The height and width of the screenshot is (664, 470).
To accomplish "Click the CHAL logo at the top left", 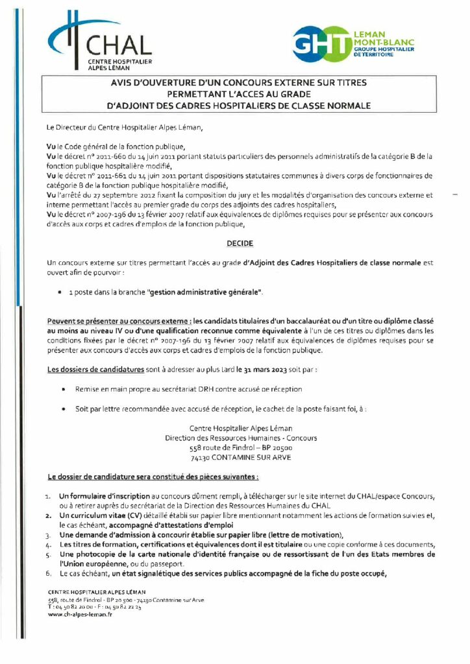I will coord(100,44).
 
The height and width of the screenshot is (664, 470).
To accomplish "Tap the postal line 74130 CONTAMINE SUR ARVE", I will coord(241,457).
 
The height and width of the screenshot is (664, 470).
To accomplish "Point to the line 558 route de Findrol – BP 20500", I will coord(241,447).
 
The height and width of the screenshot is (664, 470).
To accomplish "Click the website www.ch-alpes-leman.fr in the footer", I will coord(80,614).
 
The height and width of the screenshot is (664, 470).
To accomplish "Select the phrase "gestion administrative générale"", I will coord(206,293).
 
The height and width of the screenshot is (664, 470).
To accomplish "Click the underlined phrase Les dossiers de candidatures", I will coord(95,370).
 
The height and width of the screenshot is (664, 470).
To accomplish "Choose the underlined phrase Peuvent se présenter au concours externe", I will coord(119,321).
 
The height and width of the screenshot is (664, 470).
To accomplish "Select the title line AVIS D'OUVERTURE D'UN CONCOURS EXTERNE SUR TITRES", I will coord(240,82).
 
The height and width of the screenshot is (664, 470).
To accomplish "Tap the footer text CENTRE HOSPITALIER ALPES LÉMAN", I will coord(97,592).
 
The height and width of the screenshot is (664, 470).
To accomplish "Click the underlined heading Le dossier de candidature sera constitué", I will coord(153,477).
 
